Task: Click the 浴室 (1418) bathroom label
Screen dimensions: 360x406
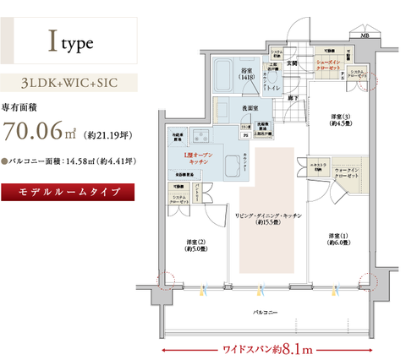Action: pyautogui.click(x=247, y=74)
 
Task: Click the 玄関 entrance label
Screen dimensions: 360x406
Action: pyautogui.click(x=292, y=63)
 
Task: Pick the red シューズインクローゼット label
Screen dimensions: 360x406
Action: pyautogui.click(x=328, y=65)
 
